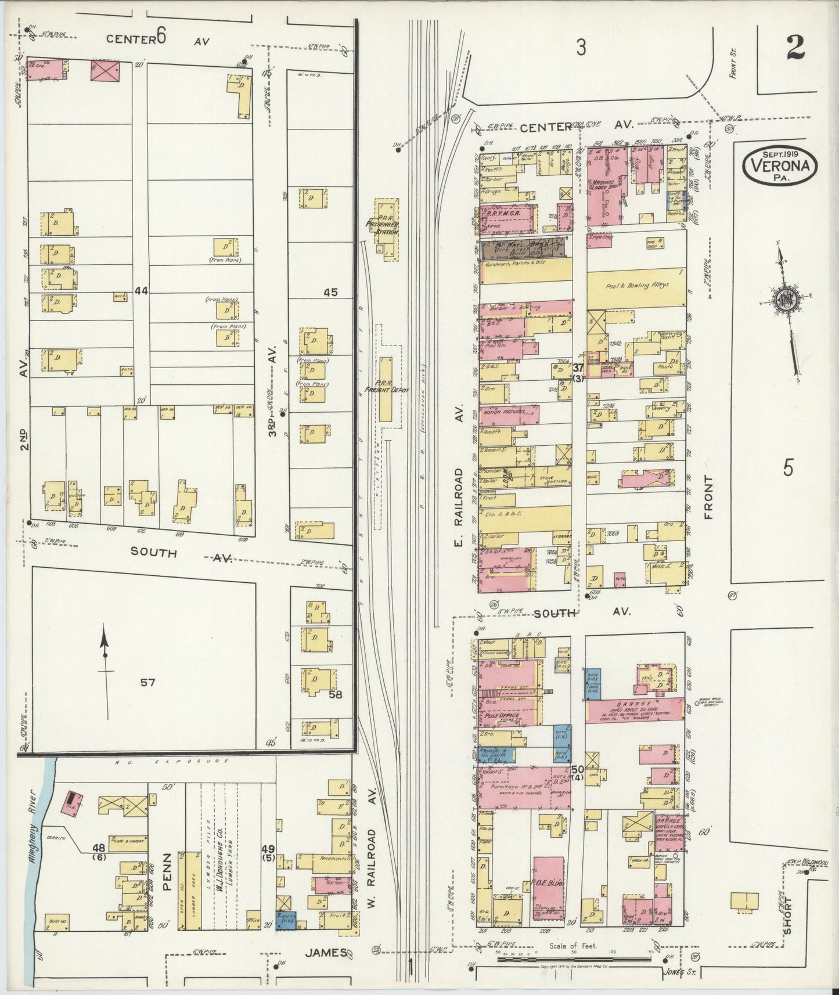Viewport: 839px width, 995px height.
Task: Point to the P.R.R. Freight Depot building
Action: [386, 388]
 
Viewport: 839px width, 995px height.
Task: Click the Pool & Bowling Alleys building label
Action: [636, 286]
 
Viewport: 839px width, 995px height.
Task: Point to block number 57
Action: [147, 683]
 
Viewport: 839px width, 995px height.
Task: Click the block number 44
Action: [141, 290]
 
